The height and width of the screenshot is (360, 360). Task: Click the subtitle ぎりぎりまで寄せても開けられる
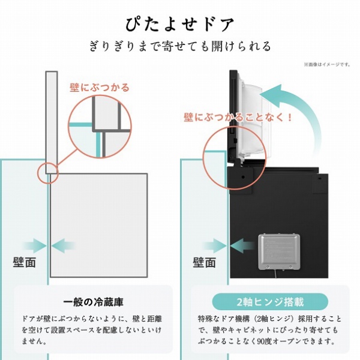pyautogui.click(x=180, y=46)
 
